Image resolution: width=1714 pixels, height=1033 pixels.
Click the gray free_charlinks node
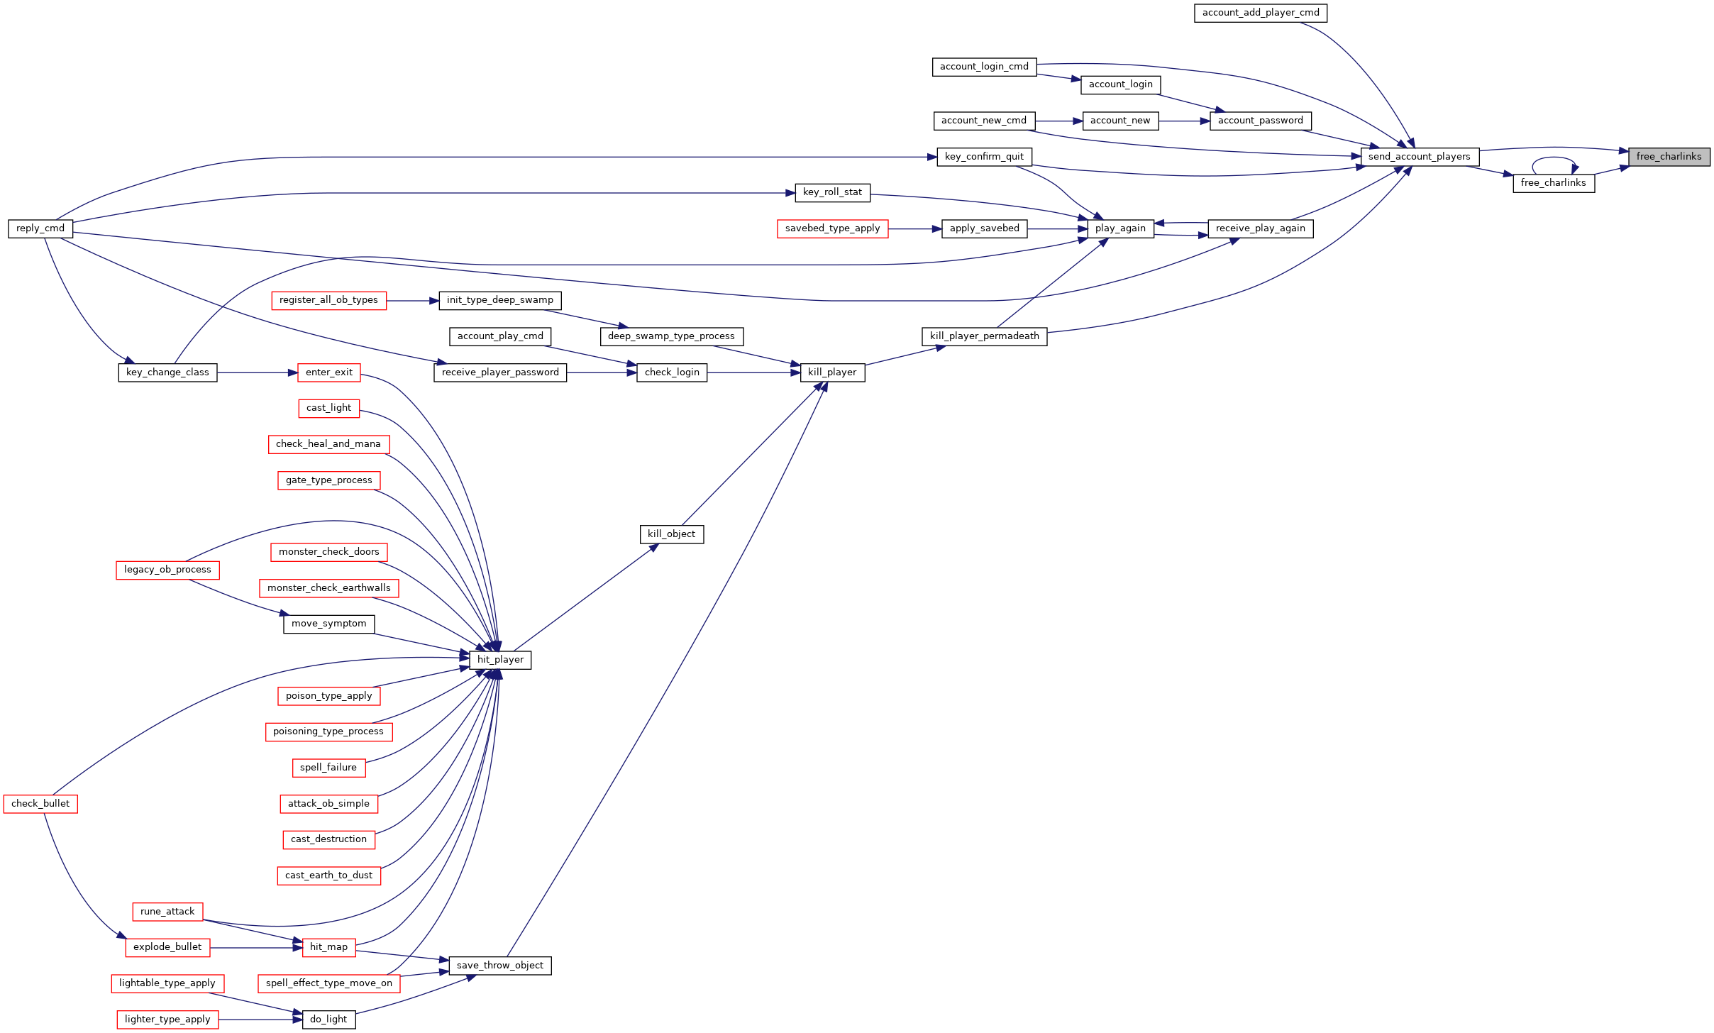pyautogui.click(x=1669, y=157)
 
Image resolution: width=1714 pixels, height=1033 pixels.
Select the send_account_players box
pyautogui.click(x=1420, y=157)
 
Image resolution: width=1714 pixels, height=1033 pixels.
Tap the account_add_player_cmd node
pyautogui.click(x=1261, y=13)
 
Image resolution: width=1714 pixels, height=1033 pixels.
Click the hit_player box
pyautogui.click(x=500, y=660)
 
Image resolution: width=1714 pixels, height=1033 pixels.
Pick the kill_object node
pyautogui.click(x=672, y=534)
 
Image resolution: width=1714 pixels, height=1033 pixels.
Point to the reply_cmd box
pyautogui.click(x=40, y=228)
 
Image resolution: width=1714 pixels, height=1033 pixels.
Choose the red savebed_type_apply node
pyautogui.click(x=833, y=228)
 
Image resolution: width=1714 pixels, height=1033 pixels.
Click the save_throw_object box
pyautogui.click(x=500, y=966)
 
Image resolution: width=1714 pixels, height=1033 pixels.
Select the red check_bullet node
pyautogui.click(x=40, y=804)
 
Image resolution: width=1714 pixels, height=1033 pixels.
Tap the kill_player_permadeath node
pyautogui.click(x=985, y=336)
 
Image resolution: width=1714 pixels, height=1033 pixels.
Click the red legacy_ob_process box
pyautogui.click(x=167, y=570)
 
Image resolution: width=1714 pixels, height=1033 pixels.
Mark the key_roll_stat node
pyautogui.click(x=833, y=192)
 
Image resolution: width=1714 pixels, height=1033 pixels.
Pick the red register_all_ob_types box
pyautogui.click(x=329, y=300)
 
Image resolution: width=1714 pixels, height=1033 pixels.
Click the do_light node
pyautogui.click(x=328, y=1020)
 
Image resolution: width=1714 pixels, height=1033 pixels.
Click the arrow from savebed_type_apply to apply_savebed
pyautogui.click(x=915, y=229)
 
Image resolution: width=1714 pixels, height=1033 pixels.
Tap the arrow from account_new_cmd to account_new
pyautogui.click(x=1059, y=121)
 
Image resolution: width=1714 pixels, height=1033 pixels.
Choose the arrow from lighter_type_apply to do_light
pyautogui.click(x=260, y=1020)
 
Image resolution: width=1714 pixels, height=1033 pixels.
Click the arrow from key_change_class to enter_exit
pyautogui.click(x=258, y=373)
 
